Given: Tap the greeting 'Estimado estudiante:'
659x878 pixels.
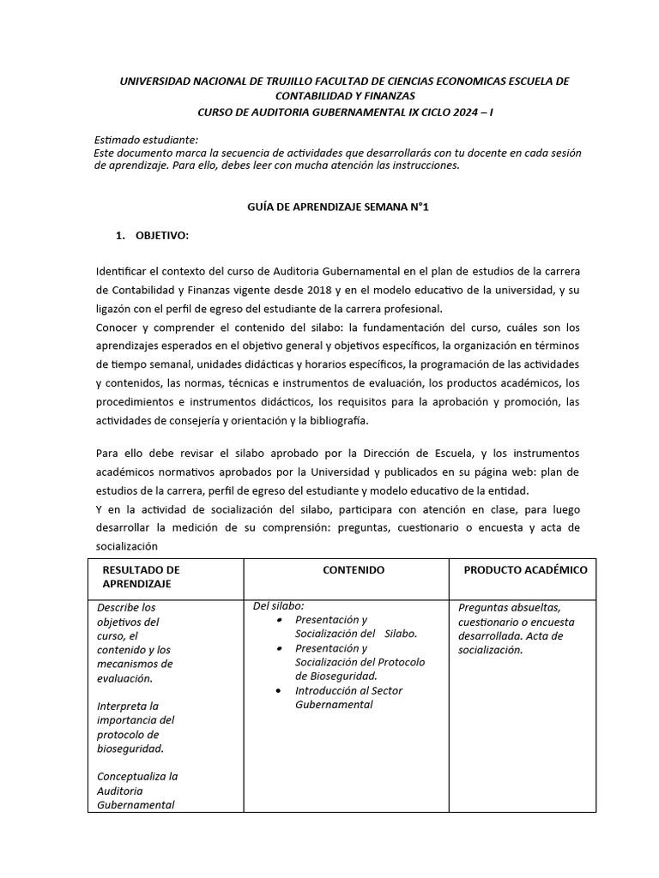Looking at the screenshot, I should (146, 140).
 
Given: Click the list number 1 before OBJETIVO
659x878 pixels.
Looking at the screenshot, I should (119, 235).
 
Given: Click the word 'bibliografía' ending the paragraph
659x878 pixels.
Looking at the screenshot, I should (341, 420).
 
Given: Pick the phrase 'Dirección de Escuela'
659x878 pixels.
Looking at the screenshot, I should (415, 453).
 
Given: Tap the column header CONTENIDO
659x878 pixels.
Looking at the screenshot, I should (354, 570).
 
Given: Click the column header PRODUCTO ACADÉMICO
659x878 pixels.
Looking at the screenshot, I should (525, 570).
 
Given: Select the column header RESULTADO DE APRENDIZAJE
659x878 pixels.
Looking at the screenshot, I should (141, 577).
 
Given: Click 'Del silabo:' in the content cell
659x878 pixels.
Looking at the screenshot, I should (278, 606).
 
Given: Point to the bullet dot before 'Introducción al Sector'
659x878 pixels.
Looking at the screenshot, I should (282, 691).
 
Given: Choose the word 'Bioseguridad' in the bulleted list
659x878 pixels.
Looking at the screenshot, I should (337, 676).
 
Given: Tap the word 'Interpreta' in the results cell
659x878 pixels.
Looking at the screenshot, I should (122, 706).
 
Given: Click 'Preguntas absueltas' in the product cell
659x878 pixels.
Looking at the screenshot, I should (510, 607).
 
